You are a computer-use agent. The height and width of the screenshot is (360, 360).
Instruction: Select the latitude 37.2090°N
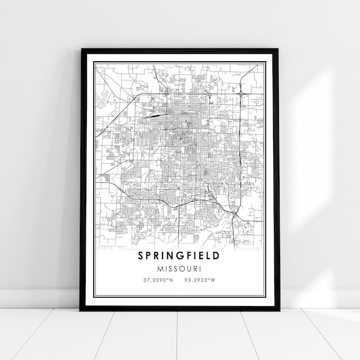[157, 280]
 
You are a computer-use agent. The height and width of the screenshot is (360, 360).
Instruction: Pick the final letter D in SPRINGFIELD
[216, 256]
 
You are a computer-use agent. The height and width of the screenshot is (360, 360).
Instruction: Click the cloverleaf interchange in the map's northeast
[241, 93]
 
